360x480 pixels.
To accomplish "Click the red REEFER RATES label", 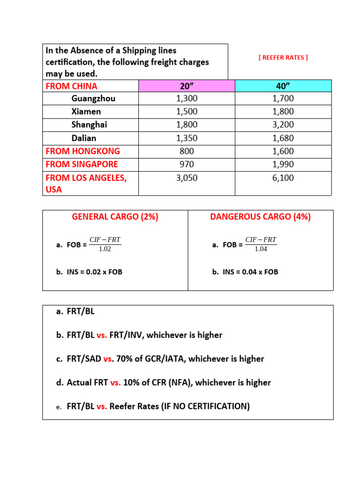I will [283, 58].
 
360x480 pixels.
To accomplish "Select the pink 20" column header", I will [187, 86].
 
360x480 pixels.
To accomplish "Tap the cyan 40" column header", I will [283, 86].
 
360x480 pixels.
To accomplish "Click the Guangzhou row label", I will [93, 98].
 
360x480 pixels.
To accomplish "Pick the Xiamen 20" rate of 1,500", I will [187, 112].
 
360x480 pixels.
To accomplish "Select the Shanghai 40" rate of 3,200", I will [283, 125].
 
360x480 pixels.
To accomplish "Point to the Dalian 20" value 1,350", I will [187, 138].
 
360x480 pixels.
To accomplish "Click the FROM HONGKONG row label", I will [82, 151].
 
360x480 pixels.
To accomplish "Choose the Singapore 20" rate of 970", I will [187, 164].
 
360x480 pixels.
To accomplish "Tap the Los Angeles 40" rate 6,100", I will [283, 178].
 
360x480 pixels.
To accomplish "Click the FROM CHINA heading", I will [71, 86].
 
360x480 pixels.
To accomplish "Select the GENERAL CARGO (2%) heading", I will [115, 217].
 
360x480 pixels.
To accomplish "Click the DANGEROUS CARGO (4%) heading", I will [260, 217].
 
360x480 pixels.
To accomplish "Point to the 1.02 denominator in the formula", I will [105, 249].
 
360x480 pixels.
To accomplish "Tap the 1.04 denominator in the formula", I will [261, 249].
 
